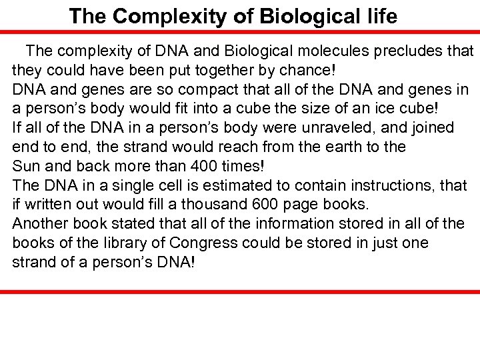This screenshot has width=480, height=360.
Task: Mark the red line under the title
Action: [240, 31]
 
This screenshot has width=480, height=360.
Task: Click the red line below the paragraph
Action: [240, 292]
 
